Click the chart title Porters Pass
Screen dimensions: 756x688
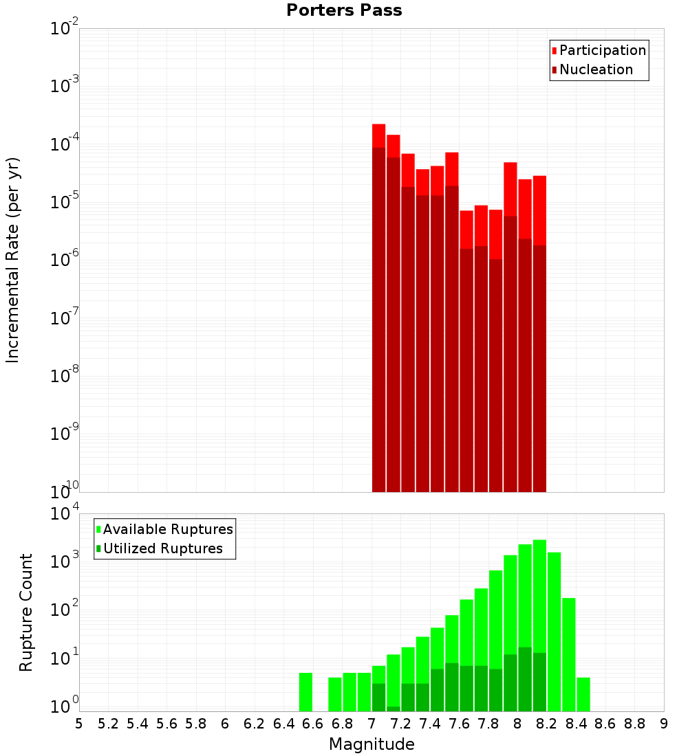[344, 10]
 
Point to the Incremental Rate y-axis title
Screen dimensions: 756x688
[13, 260]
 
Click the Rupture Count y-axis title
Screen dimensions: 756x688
[26, 612]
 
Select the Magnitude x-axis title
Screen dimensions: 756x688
[372, 744]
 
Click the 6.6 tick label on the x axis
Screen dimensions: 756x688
[313, 724]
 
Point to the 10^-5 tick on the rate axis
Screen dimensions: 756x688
[65, 202]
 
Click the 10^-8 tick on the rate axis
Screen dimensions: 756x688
[65, 376]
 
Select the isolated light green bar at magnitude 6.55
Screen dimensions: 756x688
[306, 692]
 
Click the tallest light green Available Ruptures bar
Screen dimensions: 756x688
[539, 625]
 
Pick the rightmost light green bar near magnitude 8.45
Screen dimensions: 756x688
[583, 694]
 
